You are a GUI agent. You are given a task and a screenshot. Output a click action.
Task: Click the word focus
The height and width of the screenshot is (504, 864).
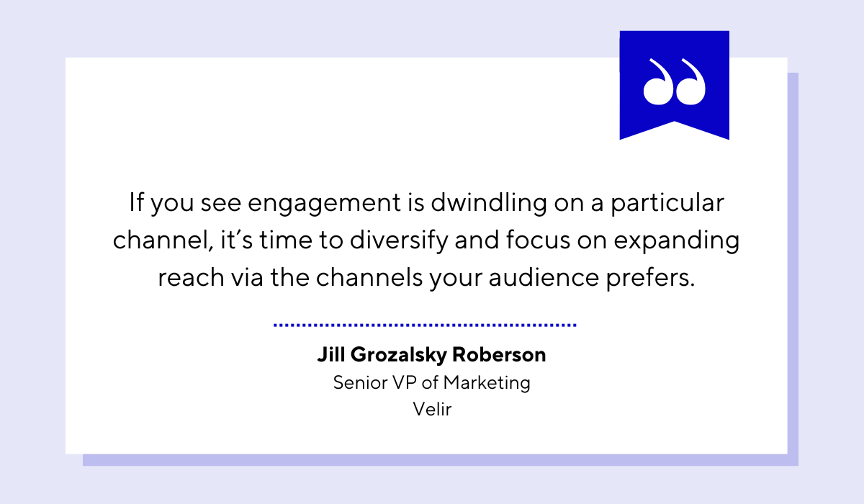point(536,240)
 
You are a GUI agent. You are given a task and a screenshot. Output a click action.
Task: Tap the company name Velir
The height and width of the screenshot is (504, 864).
point(432,410)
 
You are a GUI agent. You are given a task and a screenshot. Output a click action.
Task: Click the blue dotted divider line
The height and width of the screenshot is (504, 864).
point(425,325)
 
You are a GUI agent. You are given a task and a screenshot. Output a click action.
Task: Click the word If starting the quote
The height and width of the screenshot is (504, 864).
point(137,202)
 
